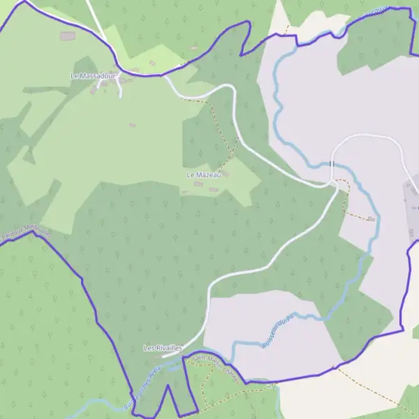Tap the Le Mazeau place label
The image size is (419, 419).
pyautogui.click(x=203, y=175)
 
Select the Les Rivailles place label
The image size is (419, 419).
pyautogui.click(x=163, y=347)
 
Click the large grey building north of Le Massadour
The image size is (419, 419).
pyautogui.click(x=67, y=36)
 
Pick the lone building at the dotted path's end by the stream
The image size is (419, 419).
pyautogui.click(x=371, y=219)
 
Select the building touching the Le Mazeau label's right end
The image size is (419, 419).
pyautogui.click(x=223, y=173)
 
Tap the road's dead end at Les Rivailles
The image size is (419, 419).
pyautogui.click(x=165, y=356)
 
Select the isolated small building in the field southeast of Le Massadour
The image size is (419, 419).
pyautogui.click(x=133, y=125)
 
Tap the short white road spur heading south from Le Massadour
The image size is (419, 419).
pyautogui.click(x=120, y=91)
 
